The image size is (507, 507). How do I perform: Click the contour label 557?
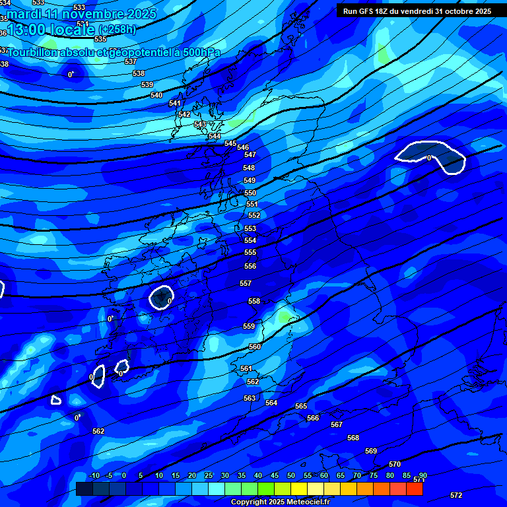(246, 283)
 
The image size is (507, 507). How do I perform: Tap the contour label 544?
(215, 137)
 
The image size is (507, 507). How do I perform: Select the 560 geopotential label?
(255, 347)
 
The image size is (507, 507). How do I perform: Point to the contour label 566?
(313, 418)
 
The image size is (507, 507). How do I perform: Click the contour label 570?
(395, 465)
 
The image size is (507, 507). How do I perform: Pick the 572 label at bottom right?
(456, 495)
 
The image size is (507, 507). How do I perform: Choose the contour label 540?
(156, 96)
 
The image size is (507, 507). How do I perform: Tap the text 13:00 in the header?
(27, 30)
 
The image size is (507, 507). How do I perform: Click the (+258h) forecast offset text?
(118, 30)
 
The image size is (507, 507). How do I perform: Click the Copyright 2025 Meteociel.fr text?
(281, 502)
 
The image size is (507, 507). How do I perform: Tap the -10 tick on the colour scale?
(94, 476)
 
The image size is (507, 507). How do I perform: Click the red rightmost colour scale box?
(415, 489)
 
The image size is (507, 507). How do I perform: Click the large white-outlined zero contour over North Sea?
(429, 156)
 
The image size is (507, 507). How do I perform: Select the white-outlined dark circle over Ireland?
(161, 297)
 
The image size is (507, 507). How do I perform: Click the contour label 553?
(250, 228)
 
